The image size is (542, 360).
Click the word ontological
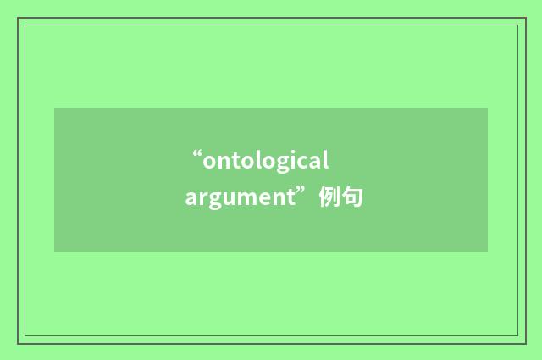[265, 160]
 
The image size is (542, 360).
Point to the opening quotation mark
[197, 155]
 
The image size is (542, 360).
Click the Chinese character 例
[329, 198]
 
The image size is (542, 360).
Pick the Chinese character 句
[352, 198]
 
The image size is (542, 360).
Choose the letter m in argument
[244, 200]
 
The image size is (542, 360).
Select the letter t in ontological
[236, 160]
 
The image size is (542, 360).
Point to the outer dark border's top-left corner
[18, 18]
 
